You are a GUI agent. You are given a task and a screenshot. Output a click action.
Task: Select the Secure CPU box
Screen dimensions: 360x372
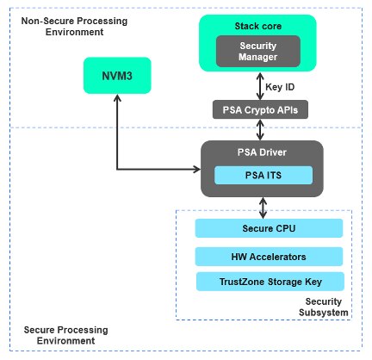point(269,228)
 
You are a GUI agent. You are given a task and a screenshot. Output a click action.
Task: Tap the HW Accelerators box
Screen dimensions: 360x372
point(269,256)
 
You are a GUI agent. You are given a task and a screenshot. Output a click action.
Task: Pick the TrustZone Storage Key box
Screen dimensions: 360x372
point(269,282)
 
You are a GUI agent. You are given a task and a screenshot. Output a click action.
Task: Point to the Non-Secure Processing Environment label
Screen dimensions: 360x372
point(58,25)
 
